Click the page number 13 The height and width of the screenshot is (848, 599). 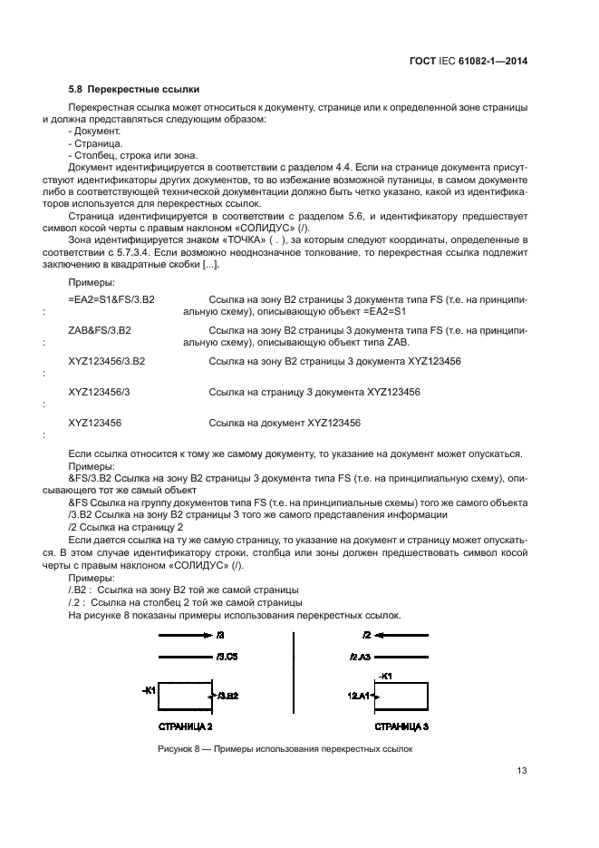(522, 771)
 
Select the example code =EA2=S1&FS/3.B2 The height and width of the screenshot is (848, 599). (111, 298)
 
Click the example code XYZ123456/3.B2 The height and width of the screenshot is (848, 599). (107, 361)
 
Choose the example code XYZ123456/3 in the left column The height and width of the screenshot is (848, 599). (100, 392)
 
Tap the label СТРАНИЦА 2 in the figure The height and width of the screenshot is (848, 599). (186, 726)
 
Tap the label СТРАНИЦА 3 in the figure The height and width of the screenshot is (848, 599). (402, 726)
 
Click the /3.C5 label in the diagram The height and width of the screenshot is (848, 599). (226, 656)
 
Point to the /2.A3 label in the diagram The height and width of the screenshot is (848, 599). (361, 656)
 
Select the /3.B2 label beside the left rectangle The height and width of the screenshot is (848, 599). (227, 696)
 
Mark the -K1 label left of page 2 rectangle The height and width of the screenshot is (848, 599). (150, 690)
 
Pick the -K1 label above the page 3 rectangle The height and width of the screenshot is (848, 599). (383, 676)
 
